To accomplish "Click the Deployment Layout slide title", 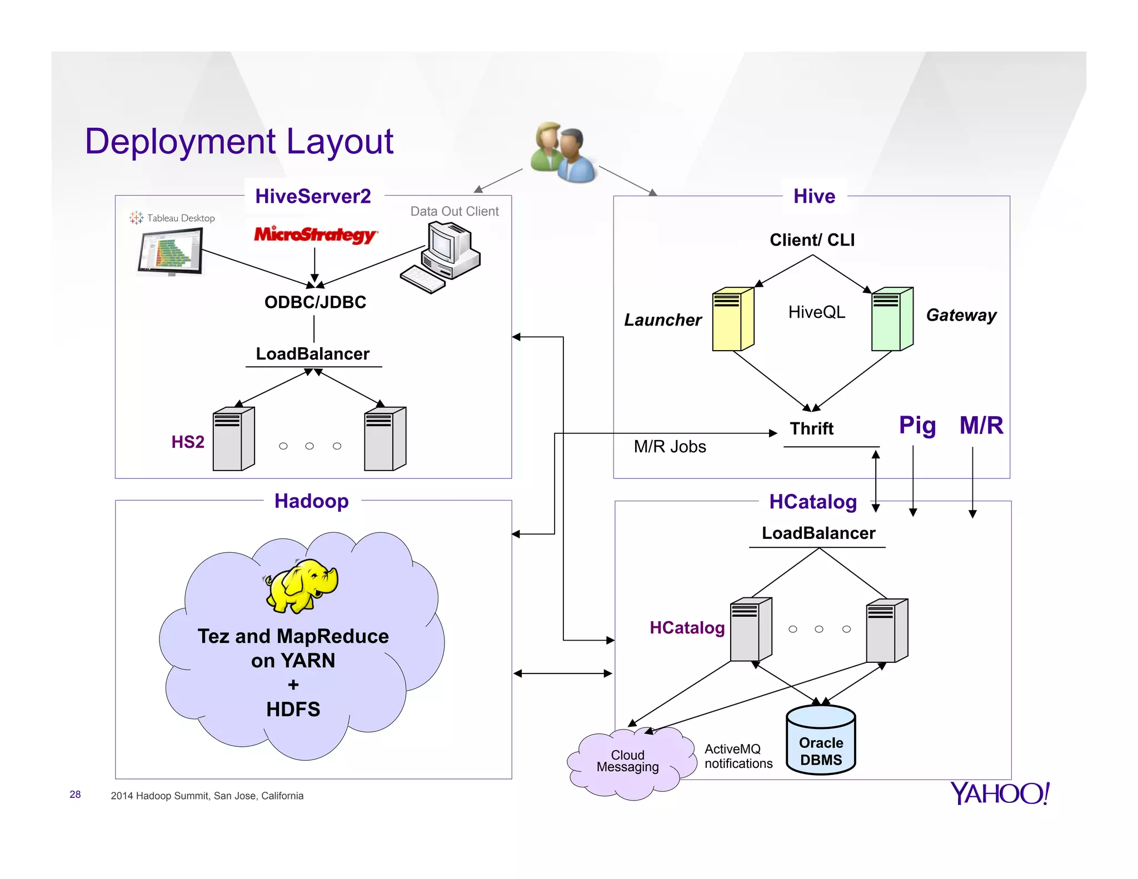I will [x=239, y=142].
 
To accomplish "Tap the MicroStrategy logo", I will [x=315, y=234].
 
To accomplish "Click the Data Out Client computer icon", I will [x=442, y=257].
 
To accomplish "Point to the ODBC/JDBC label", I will [x=315, y=302].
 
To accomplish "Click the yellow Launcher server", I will [x=733, y=319].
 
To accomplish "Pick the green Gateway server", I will [x=892, y=319].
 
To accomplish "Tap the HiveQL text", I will [x=816, y=312].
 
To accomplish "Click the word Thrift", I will [x=811, y=428].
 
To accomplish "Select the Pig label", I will [x=917, y=426].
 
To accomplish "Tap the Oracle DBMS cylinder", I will [x=821, y=741].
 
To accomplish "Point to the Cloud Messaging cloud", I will [x=628, y=762].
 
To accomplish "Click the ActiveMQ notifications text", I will [x=738, y=756].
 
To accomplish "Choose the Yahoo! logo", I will [x=999, y=793].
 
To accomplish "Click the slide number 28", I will [x=75, y=795].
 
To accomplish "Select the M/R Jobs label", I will [x=670, y=447].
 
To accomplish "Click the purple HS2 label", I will [x=188, y=442].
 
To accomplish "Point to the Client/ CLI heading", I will [x=812, y=240].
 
